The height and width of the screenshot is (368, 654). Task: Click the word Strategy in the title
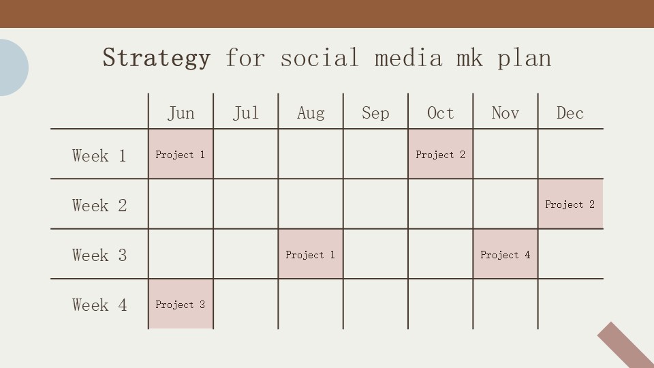pos(156,58)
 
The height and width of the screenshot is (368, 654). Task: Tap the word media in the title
pos(407,58)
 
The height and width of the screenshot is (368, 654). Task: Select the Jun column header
pos(181,113)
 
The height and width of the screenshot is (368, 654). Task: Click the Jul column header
pos(246,113)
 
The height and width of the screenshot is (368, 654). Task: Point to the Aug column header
pos(311,113)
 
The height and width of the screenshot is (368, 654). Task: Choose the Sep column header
pos(375,113)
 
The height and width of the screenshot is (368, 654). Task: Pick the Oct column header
pos(440,113)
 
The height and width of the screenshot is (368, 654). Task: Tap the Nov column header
pos(505,113)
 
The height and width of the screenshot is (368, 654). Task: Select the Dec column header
pos(570,113)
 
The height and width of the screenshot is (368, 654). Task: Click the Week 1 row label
pos(99,156)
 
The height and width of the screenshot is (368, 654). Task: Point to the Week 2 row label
pos(99,206)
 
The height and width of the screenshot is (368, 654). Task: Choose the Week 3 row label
pos(99,256)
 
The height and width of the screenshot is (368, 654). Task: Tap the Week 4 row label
pos(99,305)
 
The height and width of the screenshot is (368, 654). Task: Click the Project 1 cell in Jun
pos(181,155)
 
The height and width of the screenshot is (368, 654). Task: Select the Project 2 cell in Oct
pos(440,155)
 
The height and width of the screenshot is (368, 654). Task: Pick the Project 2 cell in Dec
pos(570,204)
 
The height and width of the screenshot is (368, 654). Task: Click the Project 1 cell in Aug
pos(311,255)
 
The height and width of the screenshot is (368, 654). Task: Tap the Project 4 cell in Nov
pos(505,255)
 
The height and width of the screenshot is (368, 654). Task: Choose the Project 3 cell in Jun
pos(181,305)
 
